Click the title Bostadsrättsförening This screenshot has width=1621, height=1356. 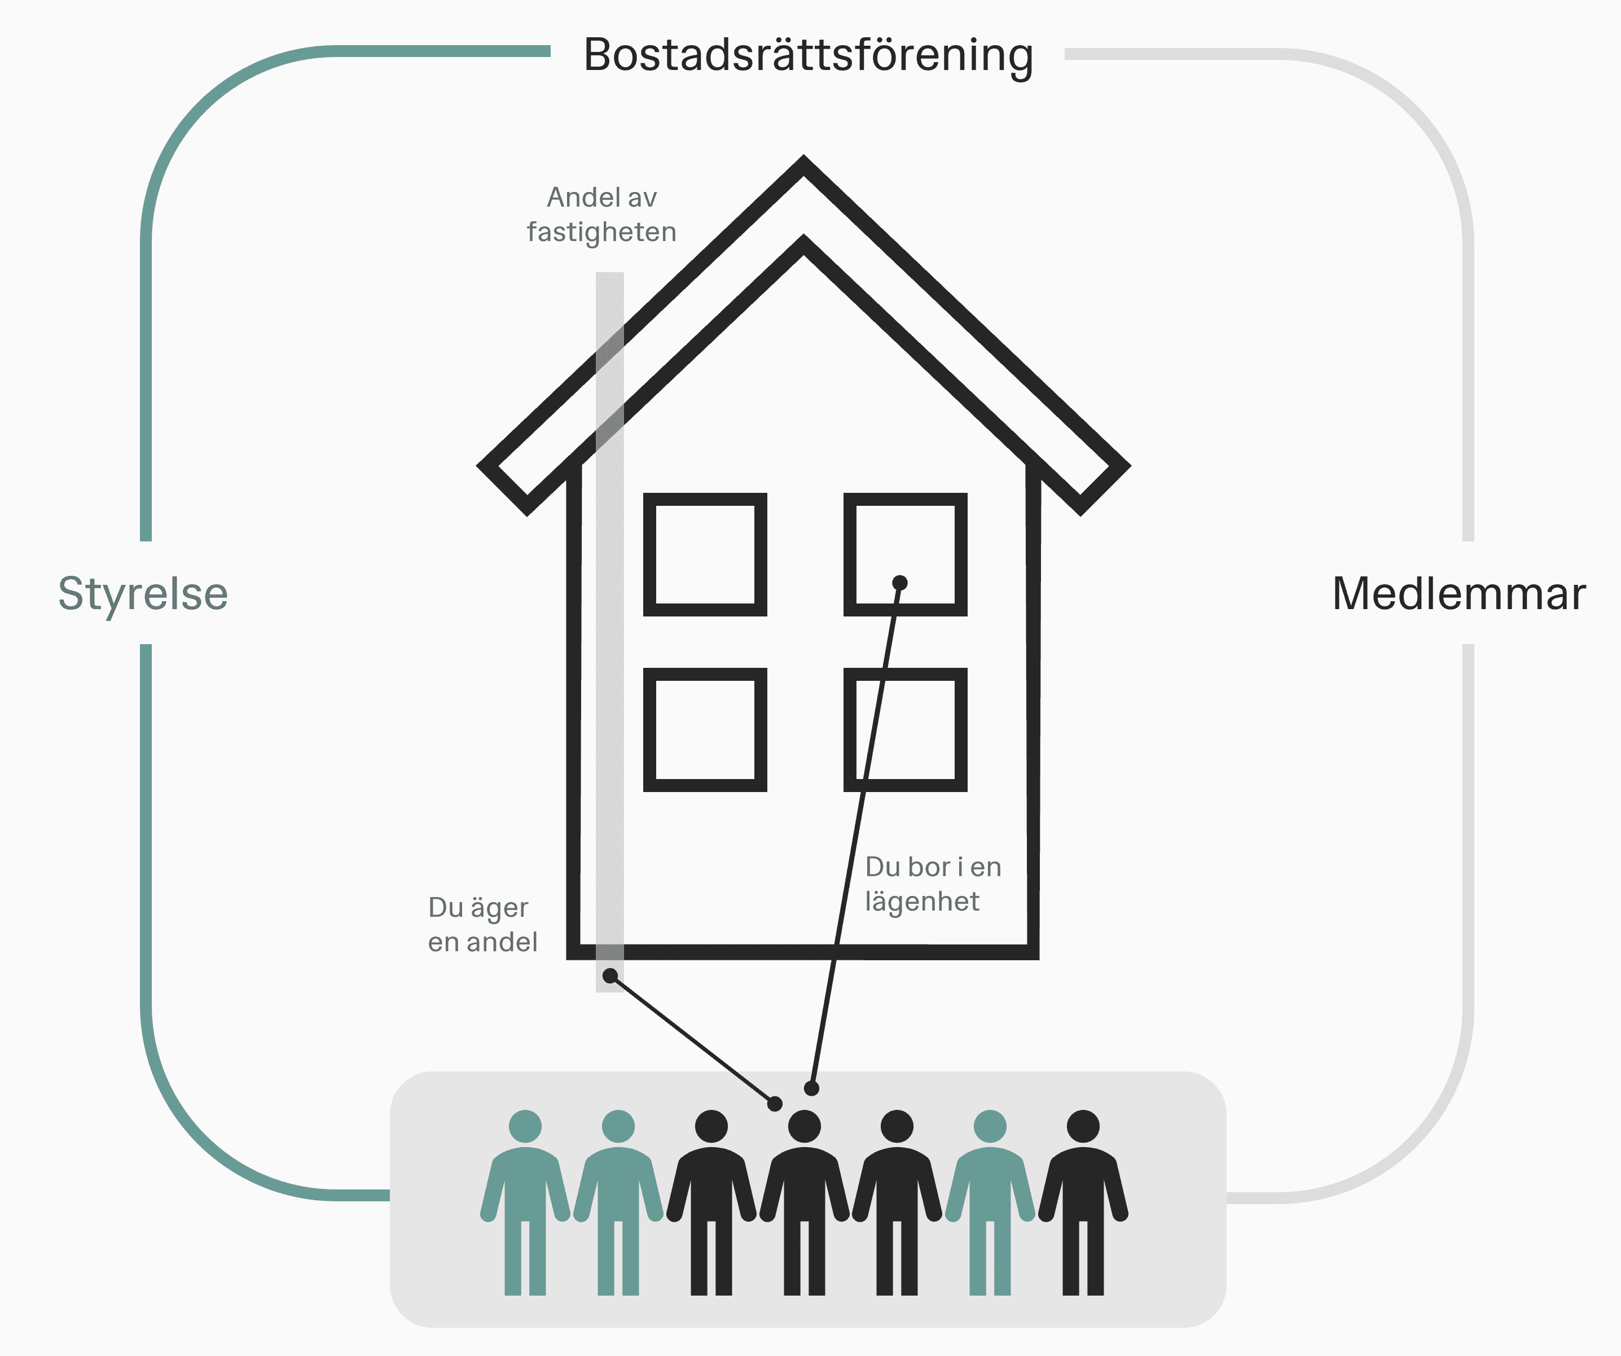807,55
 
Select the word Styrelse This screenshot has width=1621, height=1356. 143,594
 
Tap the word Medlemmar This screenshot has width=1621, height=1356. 1459,594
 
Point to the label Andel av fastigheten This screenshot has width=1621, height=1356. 601,215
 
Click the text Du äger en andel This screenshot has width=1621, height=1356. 482,924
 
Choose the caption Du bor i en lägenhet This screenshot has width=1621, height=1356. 933,883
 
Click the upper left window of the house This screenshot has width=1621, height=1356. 705,554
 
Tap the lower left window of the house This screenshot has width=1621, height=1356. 705,730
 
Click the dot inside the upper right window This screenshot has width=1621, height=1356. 900,582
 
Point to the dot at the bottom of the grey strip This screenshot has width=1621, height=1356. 610,976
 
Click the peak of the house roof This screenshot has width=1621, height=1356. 803,166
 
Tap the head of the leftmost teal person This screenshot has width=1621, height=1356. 525,1126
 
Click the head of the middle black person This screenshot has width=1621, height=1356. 805,1126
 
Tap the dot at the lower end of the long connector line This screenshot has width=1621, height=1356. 811,1088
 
